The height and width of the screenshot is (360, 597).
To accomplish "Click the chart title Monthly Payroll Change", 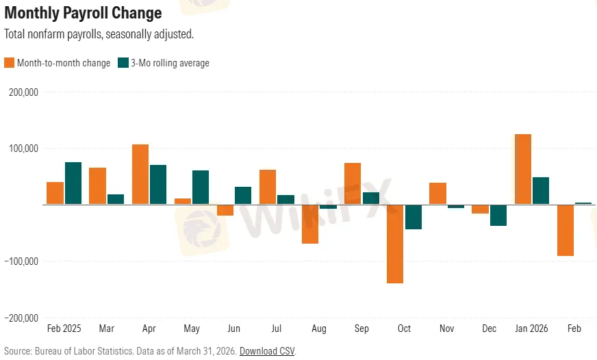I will coord(83,13).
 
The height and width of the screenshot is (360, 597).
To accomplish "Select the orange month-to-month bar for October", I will coord(395,244).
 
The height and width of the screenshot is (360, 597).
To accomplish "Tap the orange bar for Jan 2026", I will coord(523,169).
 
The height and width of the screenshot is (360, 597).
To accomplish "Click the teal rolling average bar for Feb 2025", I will coord(73,183).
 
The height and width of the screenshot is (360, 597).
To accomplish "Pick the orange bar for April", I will coord(140,174).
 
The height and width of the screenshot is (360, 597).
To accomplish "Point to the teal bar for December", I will coord(498,215).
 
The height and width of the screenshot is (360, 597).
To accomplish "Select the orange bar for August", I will coord(310,224).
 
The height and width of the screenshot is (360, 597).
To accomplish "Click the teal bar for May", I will coord(201,187).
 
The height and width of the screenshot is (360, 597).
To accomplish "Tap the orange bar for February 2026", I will coord(566,230).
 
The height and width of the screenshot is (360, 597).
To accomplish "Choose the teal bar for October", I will coord(413,217).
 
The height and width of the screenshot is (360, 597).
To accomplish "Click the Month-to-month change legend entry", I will coord(58,63).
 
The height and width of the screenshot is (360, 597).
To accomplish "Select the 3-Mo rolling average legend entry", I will coord(164,63).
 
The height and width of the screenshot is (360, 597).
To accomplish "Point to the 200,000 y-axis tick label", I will coord(23,92).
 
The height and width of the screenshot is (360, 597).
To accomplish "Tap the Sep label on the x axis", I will coord(361,329).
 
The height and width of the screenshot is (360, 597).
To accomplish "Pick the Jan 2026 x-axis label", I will coord(532,329).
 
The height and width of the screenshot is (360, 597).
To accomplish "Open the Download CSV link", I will coord(266,350).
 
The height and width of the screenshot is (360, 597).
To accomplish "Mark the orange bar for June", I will coord(225,210).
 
